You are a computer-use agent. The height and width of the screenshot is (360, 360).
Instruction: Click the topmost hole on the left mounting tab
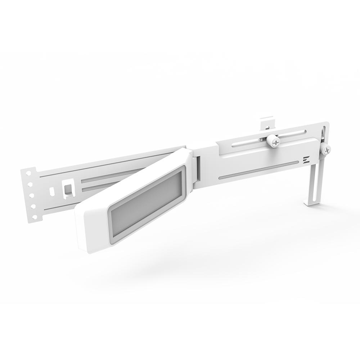[x=28, y=174]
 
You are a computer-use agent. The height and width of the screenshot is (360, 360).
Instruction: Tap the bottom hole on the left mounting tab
[x=35, y=217]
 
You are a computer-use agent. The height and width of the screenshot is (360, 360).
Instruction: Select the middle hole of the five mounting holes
[x=31, y=195]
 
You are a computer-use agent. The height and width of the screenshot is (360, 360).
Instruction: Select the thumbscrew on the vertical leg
[x=326, y=149]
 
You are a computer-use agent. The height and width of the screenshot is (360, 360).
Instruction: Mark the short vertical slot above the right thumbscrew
[x=325, y=134]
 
